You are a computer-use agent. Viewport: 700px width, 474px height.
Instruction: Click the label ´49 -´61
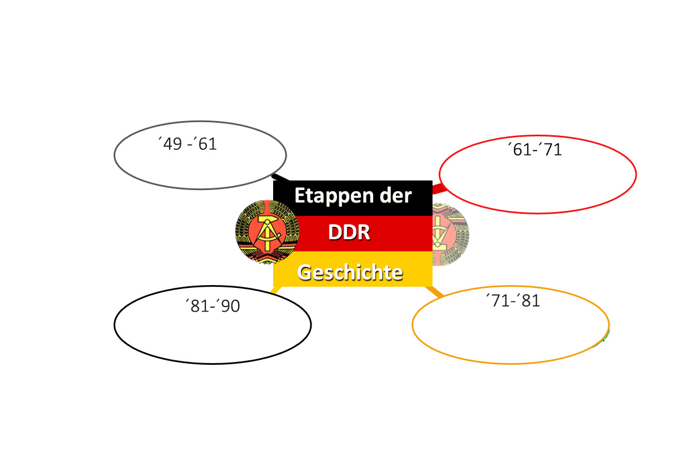coord(187,144)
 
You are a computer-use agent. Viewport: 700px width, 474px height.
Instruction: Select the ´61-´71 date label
coord(535,149)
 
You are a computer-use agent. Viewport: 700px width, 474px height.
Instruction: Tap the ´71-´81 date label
coord(513,300)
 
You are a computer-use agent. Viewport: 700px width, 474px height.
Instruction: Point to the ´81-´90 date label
coord(213,306)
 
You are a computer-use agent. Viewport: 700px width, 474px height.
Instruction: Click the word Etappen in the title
coord(334,197)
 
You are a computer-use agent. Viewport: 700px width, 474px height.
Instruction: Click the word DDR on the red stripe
coord(349,232)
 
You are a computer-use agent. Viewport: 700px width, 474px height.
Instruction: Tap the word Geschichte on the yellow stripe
coord(349,273)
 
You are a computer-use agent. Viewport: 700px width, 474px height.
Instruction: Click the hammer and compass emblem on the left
coord(267,232)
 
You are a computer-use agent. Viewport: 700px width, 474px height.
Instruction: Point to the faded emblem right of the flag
coord(451,235)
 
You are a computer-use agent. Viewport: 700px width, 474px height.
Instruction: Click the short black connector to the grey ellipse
coord(280,178)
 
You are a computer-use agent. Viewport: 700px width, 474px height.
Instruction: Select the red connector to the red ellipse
coord(438,188)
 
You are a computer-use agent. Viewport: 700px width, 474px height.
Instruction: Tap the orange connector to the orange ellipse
coord(435,291)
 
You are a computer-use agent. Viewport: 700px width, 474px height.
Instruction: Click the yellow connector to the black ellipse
coord(275,290)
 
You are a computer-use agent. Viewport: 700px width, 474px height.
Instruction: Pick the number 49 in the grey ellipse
coord(172,144)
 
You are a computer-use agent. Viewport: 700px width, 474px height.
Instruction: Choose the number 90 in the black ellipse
coord(230,306)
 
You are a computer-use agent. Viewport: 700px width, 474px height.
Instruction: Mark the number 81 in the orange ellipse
coord(530,301)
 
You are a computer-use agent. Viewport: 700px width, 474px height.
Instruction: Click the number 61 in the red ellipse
coord(522,149)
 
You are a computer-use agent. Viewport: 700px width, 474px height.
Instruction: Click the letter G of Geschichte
coord(304,273)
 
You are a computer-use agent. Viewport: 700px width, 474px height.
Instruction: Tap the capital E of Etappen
coord(299,196)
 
